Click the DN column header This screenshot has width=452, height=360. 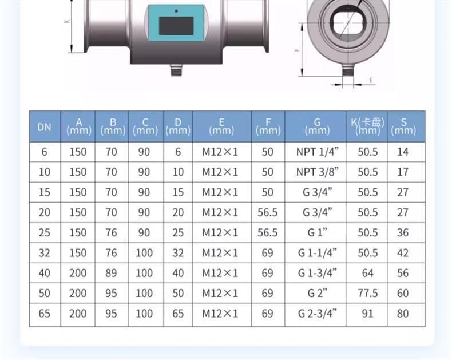click(x=45, y=127)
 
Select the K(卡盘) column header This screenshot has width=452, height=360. click(x=367, y=126)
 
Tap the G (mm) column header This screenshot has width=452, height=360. click(x=317, y=126)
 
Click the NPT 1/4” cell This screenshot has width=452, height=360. click(x=318, y=152)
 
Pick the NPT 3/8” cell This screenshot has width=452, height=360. click(x=318, y=172)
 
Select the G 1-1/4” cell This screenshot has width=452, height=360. click(x=318, y=253)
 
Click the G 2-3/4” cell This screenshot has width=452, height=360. click(x=318, y=313)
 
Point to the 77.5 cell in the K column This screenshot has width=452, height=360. click(x=367, y=293)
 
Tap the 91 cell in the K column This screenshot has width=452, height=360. click(x=367, y=313)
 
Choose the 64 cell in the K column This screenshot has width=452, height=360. click(x=367, y=273)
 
